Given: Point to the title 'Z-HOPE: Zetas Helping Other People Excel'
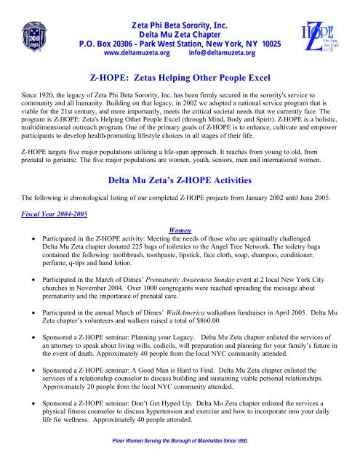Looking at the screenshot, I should coord(180,75).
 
